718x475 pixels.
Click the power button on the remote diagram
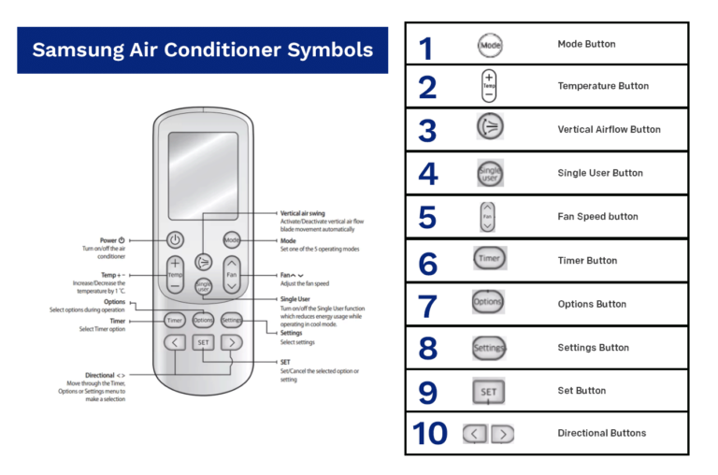(x=175, y=239)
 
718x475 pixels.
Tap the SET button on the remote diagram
(x=204, y=342)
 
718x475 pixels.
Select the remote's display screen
(x=203, y=175)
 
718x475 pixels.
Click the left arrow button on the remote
(x=175, y=342)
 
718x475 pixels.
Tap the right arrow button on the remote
(x=232, y=342)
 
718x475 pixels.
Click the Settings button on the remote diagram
(x=233, y=320)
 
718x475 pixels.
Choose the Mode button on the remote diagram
(x=232, y=240)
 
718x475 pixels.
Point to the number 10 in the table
(x=430, y=434)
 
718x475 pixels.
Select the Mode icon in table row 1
(x=490, y=44)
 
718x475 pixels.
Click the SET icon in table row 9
(x=489, y=392)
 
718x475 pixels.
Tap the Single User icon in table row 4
(x=490, y=173)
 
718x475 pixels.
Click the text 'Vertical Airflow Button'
(x=609, y=130)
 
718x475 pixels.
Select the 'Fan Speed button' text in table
(x=597, y=217)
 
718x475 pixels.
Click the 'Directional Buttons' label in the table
(x=601, y=434)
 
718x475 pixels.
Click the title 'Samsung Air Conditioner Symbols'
(x=203, y=50)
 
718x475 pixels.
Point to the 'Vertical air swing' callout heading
(x=304, y=213)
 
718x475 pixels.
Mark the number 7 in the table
(x=427, y=305)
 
